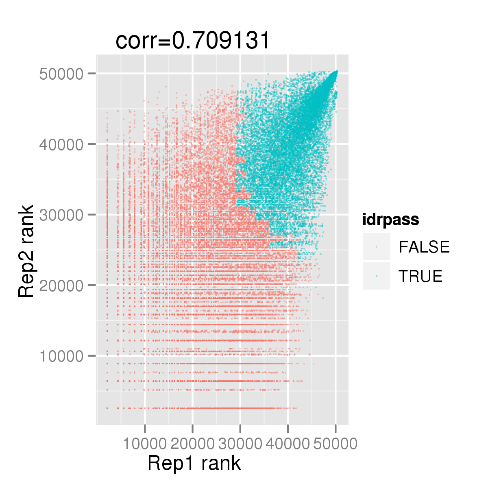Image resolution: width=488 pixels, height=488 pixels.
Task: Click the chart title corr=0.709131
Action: pos(192,41)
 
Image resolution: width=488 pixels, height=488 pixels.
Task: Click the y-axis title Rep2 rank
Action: pos(26,251)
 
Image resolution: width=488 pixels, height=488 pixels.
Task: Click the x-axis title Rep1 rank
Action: pos(194,463)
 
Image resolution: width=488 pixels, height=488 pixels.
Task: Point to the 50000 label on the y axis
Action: pos(61,74)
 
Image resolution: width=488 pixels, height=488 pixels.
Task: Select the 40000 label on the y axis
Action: pos(61,145)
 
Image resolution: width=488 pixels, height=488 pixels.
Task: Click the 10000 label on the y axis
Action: pos(61,356)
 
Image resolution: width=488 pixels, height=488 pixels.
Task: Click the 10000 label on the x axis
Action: pos(145,444)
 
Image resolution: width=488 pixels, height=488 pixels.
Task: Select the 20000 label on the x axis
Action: pos(193,444)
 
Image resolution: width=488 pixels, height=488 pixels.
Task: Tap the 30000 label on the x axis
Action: pos(240,444)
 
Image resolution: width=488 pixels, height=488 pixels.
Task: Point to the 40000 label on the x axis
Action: pos(288,444)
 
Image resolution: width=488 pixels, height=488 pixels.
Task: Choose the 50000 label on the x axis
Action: pos(335,444)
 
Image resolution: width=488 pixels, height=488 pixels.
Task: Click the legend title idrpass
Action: pos(391,220)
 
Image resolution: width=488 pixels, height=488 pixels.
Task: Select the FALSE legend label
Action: pos(424,247)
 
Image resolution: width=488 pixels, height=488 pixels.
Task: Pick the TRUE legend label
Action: pos(420,276)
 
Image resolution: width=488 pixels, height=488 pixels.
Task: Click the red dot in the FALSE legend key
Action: pos(377,247)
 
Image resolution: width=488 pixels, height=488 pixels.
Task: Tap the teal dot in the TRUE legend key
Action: pos(377,276)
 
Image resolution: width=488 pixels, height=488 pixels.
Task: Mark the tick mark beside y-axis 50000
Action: pos(92,74)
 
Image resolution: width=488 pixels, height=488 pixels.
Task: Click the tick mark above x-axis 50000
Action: pos(336,429)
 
